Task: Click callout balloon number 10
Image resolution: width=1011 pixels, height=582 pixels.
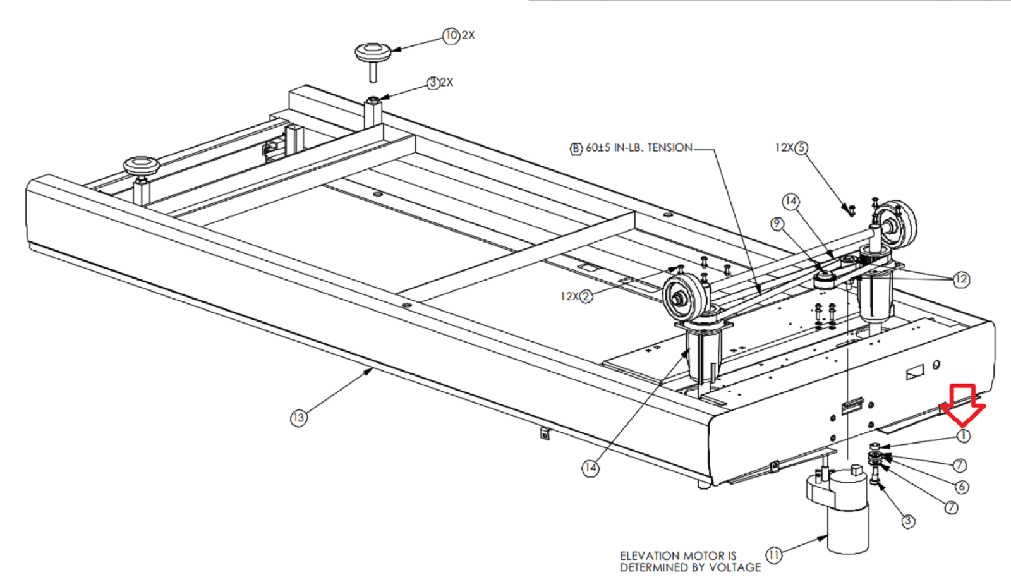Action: (451, 35)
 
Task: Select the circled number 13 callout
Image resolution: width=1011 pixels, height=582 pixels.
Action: (298, 418)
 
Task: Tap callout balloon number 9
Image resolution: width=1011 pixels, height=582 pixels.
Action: (777, 224)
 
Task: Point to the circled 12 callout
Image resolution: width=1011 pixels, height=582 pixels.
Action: (961, 279)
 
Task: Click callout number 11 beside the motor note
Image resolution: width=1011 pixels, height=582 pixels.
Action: (774, 555)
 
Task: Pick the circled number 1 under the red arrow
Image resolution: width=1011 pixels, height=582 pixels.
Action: (963, 436)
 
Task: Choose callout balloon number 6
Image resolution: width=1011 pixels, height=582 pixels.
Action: (961, 487)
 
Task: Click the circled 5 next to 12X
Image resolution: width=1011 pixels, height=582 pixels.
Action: (801, 148)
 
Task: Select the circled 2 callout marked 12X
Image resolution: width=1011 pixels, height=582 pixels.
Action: (586, 296)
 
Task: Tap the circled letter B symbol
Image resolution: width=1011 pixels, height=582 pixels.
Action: (576, 149)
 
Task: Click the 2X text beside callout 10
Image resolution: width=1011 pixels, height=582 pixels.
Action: (468, 35)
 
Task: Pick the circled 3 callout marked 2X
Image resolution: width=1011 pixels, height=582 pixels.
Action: (433, 83)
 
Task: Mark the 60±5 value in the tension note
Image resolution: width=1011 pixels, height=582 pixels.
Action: (598, 148)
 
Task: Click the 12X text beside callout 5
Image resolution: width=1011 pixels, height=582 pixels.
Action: (784, 148)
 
